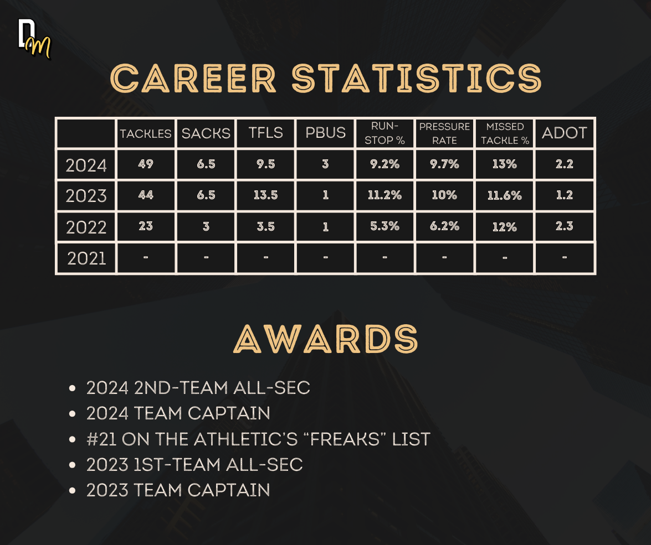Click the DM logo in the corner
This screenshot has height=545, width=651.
tap(34, 39)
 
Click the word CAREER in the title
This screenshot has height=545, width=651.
tap(193, 79)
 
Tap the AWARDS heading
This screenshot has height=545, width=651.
tap(326, 339)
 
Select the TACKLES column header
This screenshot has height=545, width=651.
tap(145, 133)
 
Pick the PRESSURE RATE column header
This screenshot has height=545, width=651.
tap(444, 133)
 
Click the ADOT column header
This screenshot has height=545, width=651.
tap(564, 133)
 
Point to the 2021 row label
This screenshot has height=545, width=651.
tap(86, 258)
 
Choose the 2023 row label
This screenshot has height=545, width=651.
tap(86, 196)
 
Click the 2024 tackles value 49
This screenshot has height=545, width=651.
tap(146, 164)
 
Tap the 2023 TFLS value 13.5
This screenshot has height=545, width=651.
tap(266, 195)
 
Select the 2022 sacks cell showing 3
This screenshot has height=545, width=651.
tap(206, 226)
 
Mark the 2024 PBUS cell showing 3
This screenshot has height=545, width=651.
tap(326, 164)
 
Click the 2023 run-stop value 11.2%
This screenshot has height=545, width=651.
tap(385, 195)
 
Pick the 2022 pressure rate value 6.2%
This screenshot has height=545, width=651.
tap(445, 226)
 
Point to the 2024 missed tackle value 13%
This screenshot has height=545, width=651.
tap(504, 164)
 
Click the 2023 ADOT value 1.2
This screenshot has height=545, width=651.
tap(564, 195)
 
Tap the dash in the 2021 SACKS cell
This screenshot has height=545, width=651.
tap(206, 258)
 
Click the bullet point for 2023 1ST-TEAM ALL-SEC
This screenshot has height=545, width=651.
tap(73, 465)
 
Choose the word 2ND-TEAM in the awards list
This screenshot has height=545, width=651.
tap(181, 388)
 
